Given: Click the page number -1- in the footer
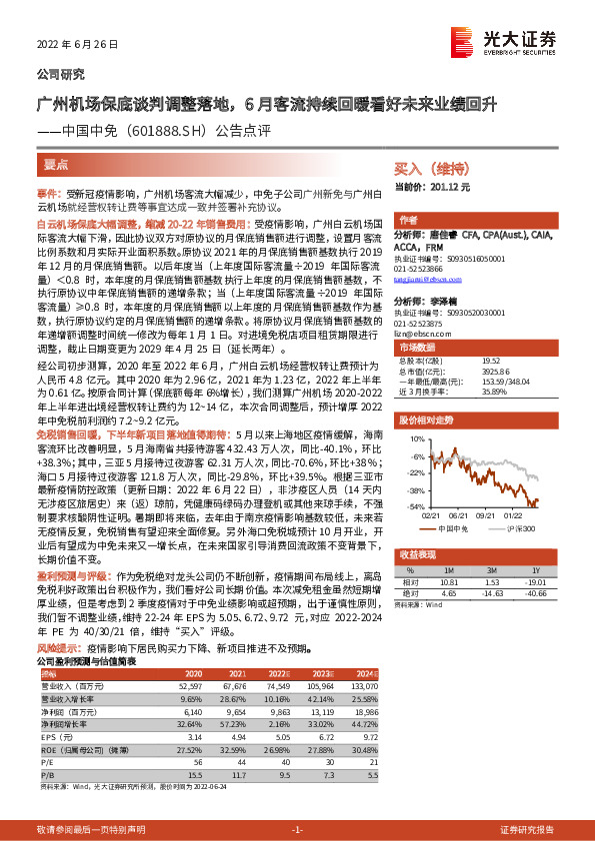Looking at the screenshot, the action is click(296, 830).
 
